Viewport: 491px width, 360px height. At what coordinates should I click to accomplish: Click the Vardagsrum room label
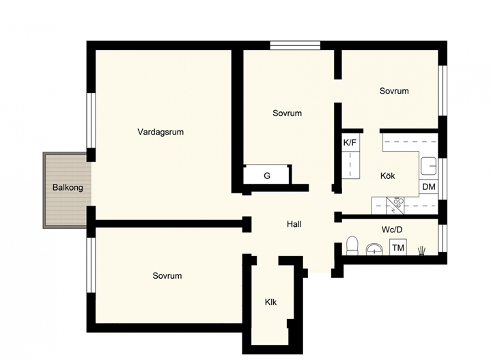click(x=160, y=132)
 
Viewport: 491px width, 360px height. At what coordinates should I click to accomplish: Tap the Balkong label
click(x=68, y=188)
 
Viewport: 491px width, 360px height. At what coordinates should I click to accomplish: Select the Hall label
click(x=294, y=224)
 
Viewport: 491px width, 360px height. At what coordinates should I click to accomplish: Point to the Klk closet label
click(x=270, y=302)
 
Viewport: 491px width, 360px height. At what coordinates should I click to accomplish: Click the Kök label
click(x=388, y=176)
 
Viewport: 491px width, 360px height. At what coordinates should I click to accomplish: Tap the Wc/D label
click(x=392, y=230)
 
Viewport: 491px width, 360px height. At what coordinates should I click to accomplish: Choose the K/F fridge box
click(x=350, y=143)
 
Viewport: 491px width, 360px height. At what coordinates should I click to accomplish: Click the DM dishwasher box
click(x=429, y=186)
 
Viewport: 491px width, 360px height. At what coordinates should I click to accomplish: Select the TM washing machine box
click(x=398, y=247)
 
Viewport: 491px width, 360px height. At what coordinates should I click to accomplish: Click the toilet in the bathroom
click(x=352, y=245)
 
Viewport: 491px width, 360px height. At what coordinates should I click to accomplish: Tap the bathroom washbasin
click(x=374, y=250)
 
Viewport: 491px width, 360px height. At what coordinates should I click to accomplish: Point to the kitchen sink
click(x=428, y=166)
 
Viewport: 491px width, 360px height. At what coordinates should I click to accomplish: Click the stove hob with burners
click(x=395, y=206)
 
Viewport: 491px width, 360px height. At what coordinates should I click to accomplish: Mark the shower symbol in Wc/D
click(x=422, y=251)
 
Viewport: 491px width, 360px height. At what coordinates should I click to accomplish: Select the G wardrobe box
click(x=266, y=176)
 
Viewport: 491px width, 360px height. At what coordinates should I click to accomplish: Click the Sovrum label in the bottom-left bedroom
click(x=167, y=276)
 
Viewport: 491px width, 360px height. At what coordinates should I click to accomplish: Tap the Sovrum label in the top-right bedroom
click(x=394, y=91)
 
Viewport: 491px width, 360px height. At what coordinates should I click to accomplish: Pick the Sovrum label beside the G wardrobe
click(x=287, y=113)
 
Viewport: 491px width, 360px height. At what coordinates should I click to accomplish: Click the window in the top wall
click(x=295, y=46)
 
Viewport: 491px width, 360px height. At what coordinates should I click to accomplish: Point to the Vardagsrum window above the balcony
click(x=91, y=120)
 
